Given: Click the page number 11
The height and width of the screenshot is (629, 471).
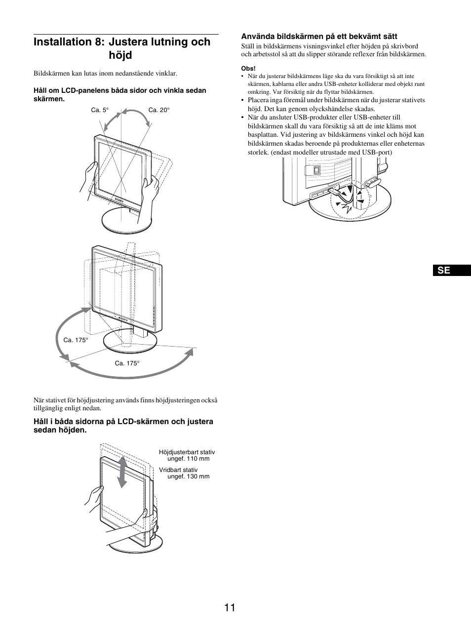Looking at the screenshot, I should click(229, 607).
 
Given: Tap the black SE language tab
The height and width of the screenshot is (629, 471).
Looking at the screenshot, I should click(453, 271).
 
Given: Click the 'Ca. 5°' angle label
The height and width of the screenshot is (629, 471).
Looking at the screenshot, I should click(99, 110).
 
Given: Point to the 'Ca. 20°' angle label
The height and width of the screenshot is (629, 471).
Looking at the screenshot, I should click(159, 110).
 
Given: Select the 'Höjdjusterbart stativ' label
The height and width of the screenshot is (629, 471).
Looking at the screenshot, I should click(187, 452).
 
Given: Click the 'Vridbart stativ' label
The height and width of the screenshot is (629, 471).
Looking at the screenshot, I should click(178, 470).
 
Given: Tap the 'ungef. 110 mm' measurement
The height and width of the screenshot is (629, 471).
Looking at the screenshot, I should click(189, 459).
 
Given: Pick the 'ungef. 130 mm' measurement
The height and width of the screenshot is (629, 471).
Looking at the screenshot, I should click(189, 476).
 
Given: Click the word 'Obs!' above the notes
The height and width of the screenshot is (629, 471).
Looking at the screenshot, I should click(248, 69).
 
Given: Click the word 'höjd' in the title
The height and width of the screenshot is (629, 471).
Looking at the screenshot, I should click(120, 55).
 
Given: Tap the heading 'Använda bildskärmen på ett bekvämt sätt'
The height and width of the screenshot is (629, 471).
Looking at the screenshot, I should click(319, 36).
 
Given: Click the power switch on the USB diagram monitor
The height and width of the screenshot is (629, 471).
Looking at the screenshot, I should click(317, 170).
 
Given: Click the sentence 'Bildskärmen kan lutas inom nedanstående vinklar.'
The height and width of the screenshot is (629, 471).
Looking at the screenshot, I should click(105, 74).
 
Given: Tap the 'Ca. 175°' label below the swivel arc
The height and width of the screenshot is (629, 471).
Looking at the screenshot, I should click(127, 363).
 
